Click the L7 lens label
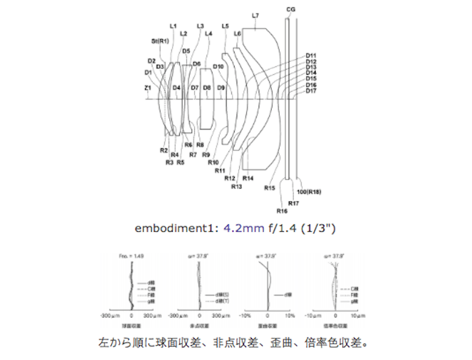pos(255,15)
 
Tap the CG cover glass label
pos(290,9)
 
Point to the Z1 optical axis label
pos(148,88)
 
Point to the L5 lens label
pos(225,26)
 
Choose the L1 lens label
pos(173,26)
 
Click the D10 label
pos(218,66)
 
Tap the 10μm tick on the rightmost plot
pos(359,315)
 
